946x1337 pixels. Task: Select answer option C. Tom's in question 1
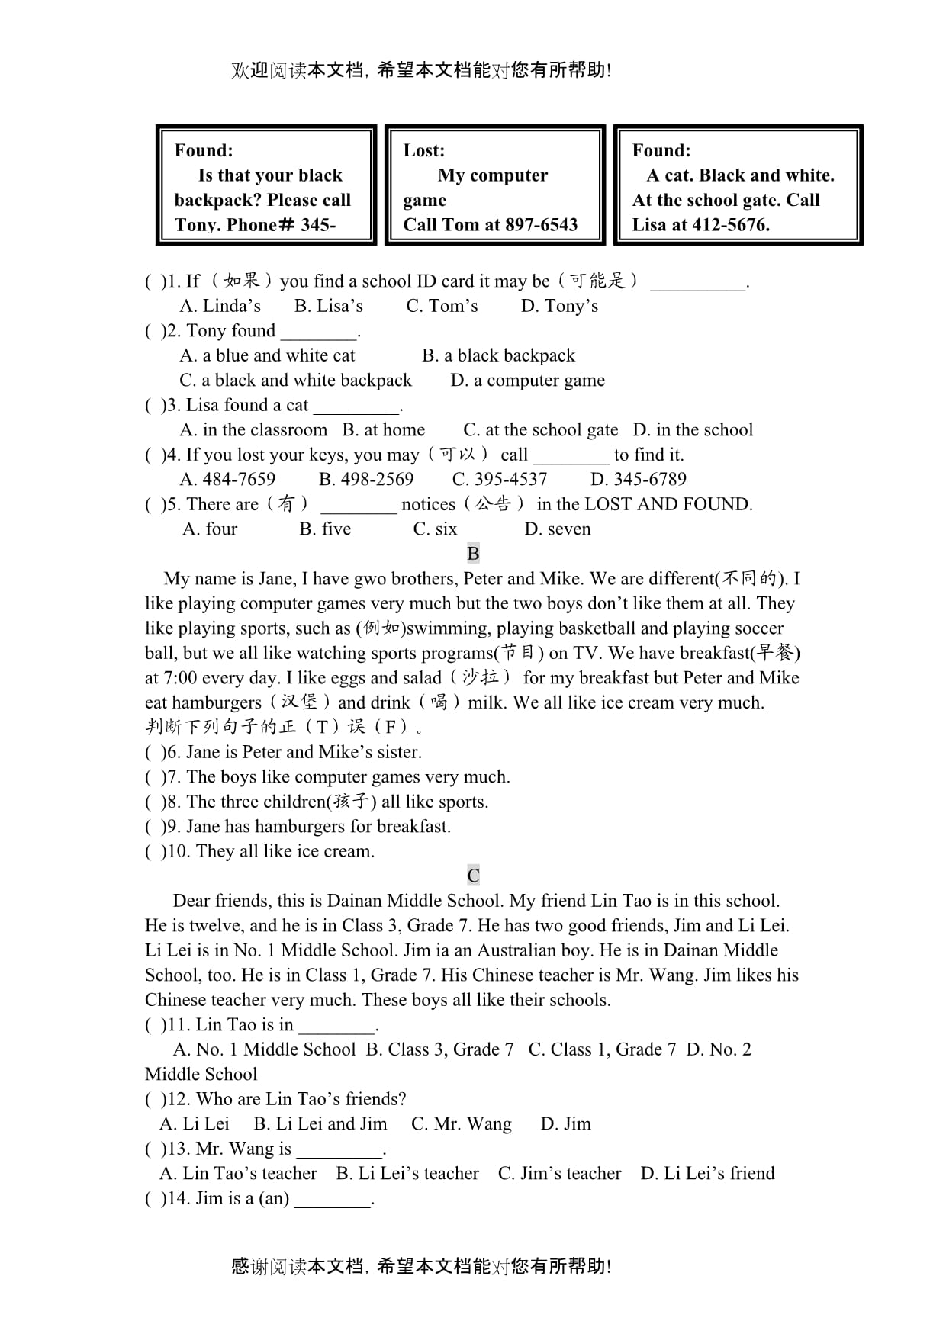click(442, 307)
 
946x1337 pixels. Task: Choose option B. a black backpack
click(498, 356)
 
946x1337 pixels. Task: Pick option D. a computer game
click(527, 381)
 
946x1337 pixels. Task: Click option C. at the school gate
click(540, 430)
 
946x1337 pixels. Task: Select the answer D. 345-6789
click(638, 480)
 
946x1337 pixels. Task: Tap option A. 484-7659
click(227, 480)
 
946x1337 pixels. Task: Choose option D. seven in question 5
click(557, 529)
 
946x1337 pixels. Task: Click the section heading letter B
click(473, 554)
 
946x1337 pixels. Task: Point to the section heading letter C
click(473, 876)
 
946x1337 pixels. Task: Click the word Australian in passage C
click(508, 950)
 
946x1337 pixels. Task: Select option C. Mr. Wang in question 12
click(461, 1124)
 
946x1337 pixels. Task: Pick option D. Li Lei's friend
click(707, 1174)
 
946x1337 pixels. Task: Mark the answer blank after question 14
click(332, 1200)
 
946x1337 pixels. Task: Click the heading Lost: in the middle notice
click(423, 150)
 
